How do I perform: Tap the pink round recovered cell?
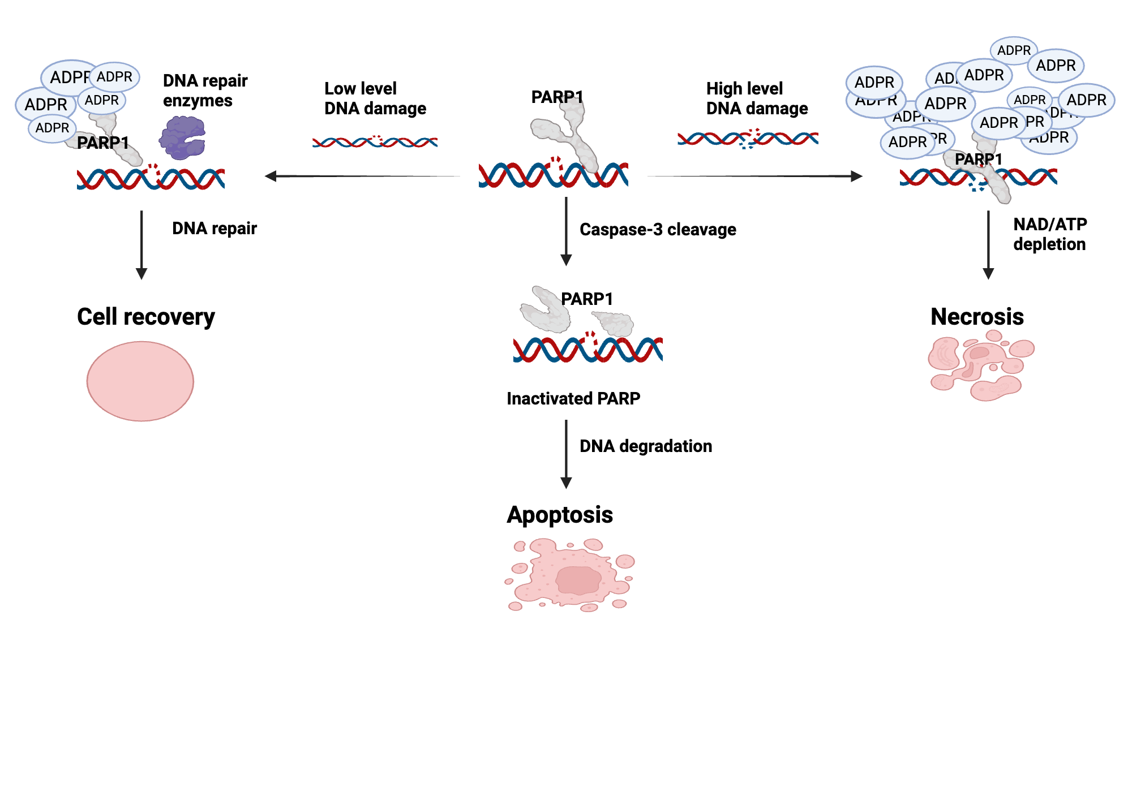pos(140,381)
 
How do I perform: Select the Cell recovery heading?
pos(146,317)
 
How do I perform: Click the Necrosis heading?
pos(977,317)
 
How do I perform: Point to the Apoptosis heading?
pos(560,515)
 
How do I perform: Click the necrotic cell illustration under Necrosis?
pos(980,366)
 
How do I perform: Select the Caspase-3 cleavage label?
pos(658,230)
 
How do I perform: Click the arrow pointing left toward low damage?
pos(362,176)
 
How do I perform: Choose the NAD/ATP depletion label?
pos(1050,234)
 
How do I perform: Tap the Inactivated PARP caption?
pos(573,399)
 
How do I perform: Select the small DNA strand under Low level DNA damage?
pos(375,141)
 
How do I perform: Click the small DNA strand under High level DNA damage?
pos(748,138)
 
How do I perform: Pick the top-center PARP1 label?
pos(557,97)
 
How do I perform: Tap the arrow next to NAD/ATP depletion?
pos(988,244)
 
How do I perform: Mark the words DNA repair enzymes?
pos(205,91)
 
